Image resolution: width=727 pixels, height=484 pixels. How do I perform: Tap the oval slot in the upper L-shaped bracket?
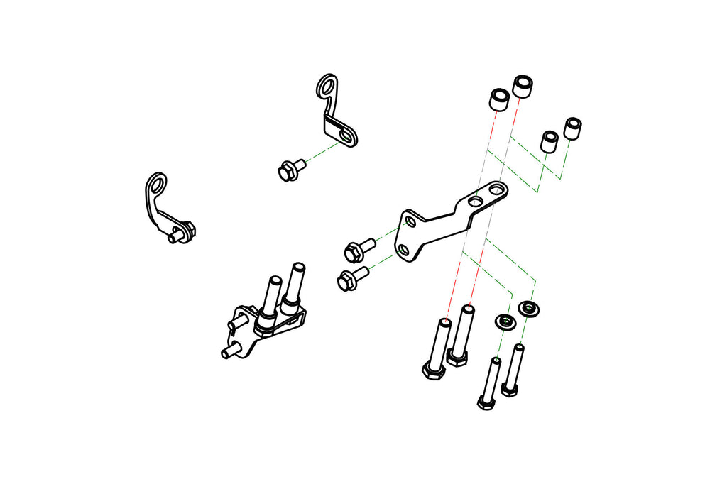(x=346, y=133)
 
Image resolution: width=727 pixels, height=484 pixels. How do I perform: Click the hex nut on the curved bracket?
(x=188, y=229)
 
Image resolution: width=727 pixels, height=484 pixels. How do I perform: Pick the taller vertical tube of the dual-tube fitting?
(x=296, y=280)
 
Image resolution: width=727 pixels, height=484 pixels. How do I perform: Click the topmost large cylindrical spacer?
(x=524, y=84)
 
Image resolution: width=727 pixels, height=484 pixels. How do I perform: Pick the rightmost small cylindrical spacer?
(x=572, y=128)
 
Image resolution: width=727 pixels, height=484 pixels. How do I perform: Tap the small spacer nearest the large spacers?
(x=548, y=141)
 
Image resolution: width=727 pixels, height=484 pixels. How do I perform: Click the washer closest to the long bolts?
(x=504, y=321)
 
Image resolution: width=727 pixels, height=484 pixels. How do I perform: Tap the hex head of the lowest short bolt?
(x=486, y=402)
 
